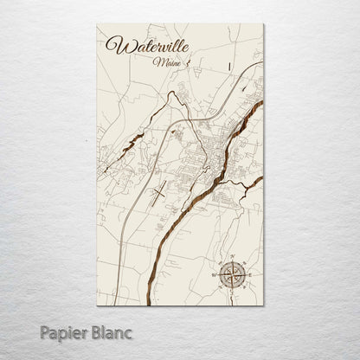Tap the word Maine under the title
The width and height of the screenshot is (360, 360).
[162, 62]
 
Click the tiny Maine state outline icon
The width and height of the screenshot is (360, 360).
[178, 61]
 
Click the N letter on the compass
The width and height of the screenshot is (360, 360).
[231, 257]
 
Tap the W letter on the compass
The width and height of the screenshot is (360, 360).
[215, 274]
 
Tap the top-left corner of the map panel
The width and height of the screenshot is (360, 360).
[97, 24]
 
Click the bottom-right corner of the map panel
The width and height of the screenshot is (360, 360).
[263, 305]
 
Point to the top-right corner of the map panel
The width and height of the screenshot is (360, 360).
[263, 24]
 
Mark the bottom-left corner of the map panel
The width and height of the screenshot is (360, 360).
[97, 305]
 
